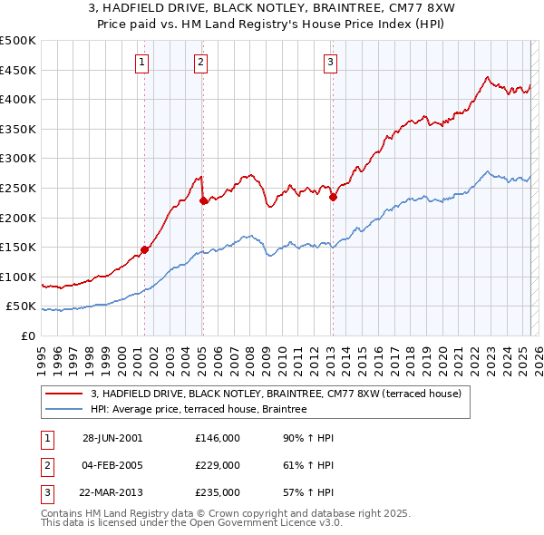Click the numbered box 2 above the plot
click(x=201, y=63)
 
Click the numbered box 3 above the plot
click(x=331, y=63)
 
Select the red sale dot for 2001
click(x=144, y=249)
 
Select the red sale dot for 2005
click(x=203, y=200)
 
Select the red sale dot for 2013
click(x=333, y=197)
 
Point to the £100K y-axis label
click(x=19, y=277)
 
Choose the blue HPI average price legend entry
click(x=199, y=409)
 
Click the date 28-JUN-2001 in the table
click(x=112, y=438)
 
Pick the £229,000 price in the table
click(x=218, y=465)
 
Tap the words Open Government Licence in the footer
click(x=258, y=523)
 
